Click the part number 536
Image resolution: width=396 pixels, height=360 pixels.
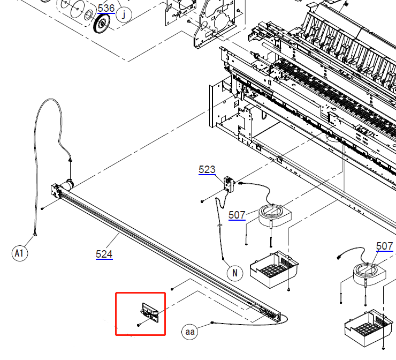[x=106, y=9]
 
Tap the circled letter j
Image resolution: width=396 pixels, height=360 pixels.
[x=124, y=14]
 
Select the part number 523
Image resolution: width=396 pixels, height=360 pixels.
[x=207, y=169]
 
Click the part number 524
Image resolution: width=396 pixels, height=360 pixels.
[x=104, y=254]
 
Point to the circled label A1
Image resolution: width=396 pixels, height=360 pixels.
[x=20, y=253]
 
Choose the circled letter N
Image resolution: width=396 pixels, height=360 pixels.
[x=235, y=273]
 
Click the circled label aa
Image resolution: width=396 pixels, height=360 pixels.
[x=189, y=332]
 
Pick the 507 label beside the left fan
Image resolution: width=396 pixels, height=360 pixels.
[x=237, y=215]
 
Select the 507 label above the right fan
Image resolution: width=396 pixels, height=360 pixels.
[x=384, y=246]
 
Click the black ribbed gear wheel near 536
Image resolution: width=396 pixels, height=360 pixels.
[x=102, y=23]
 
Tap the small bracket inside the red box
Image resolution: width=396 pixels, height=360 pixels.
[x=150, y=312]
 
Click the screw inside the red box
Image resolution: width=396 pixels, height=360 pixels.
[x=139, y=325]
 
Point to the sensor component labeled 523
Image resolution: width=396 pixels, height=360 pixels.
[x=230, y=184]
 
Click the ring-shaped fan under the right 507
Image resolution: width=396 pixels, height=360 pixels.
[x=369, y=274]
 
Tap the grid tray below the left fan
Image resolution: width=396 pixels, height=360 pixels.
[x=275, y=269]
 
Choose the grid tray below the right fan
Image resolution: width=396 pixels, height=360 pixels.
[x=369, y=328]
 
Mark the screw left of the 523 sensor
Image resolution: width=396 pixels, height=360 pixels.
[x=202, y=201]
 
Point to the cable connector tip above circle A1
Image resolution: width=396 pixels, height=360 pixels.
[x=35, y=235]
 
